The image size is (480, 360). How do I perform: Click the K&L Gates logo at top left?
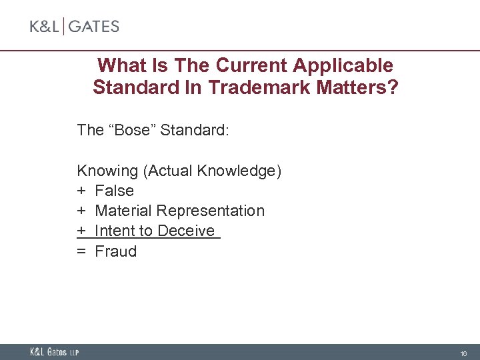pos(74,27)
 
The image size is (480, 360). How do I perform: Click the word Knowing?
pos(107,171)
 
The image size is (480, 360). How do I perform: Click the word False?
pos(115,191)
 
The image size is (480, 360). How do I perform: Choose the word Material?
pos(124,211)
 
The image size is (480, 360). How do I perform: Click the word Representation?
pos(211,211)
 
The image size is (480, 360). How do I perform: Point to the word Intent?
pos(115,231)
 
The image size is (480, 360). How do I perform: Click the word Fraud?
pos(116,251)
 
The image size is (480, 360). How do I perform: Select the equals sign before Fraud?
pos(81,251)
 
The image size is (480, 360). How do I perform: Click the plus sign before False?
pos(81,191)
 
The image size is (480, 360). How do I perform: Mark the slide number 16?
pos(463,353)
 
